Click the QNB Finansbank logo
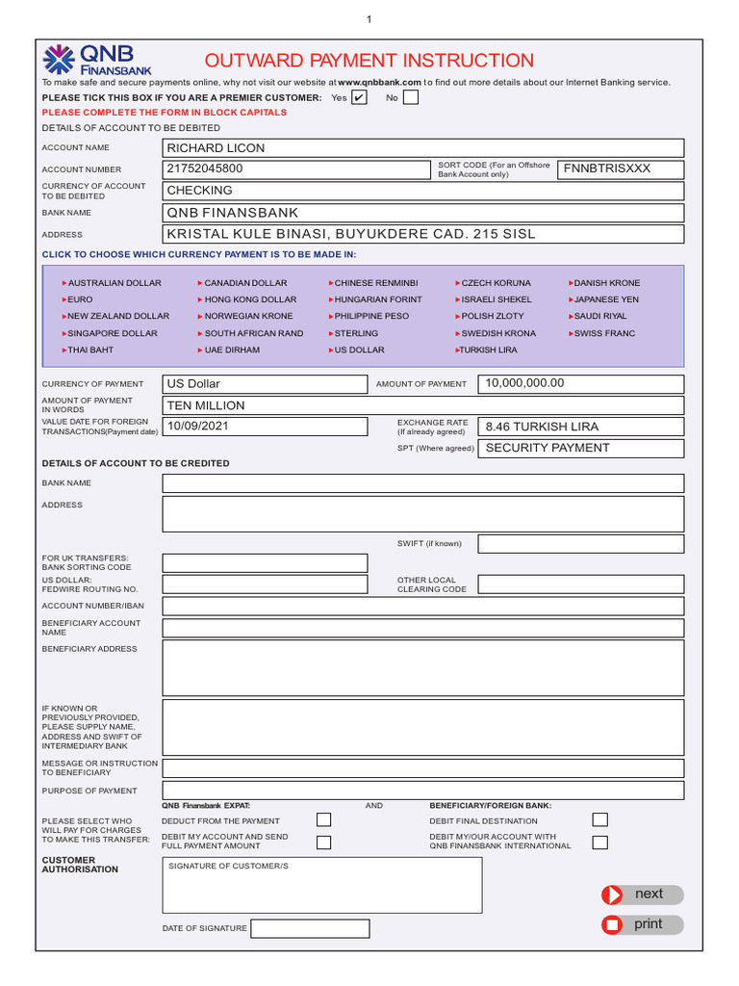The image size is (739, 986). (96, 60)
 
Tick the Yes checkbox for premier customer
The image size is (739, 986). (358, 97)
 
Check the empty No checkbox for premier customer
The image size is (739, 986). (411, 97)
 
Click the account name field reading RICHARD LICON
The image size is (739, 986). (423, 148)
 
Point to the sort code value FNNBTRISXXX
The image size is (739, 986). (622, 169)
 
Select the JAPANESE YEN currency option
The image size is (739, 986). (605, 299)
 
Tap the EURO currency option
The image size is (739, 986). (79, 299)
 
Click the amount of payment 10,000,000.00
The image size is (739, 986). (582, 384)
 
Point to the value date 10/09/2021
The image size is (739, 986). (265, 427)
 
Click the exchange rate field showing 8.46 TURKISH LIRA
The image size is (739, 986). (582, 427)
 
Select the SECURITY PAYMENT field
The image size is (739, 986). (582, 449)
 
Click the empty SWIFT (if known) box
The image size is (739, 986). (580, 544)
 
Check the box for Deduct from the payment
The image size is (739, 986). (324, 819)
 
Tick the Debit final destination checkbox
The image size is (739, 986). (599, 819)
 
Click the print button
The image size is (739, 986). (642, 924)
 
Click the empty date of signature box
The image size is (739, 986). (310, 928)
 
